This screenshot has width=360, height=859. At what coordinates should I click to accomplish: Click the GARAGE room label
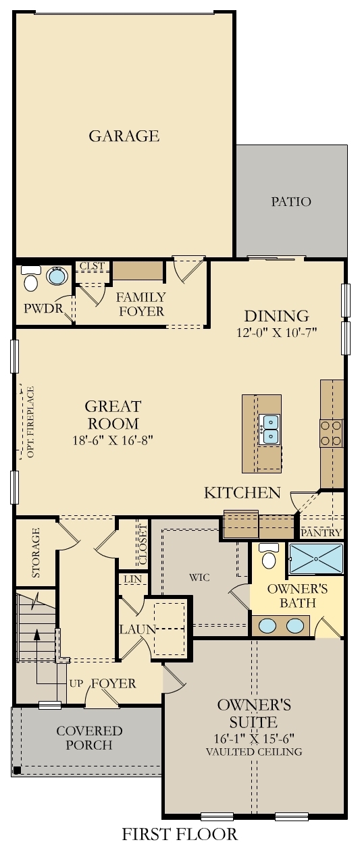coord(124,136)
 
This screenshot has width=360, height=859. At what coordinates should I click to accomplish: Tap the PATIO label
coord(291,201)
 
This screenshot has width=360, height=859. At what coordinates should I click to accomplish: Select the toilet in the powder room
coord(30,279)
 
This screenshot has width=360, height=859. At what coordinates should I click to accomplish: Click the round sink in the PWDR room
coord(57,276)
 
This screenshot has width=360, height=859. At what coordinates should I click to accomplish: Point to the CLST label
coord(92,266)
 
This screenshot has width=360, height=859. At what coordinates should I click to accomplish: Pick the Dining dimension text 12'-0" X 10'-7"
coord(276,332)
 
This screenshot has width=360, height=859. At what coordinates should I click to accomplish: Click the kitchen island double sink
coord(270,429)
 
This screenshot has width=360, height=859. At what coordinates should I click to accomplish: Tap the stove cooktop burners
coord(331,433)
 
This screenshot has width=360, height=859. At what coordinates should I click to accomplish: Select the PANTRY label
coord(321,533)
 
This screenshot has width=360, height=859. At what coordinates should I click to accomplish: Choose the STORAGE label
coord(36,552)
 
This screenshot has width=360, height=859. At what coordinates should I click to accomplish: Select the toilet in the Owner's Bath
coord(269,556)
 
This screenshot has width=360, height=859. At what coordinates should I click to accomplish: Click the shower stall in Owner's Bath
coord(315,558)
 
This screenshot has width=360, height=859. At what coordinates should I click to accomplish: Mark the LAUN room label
coord(138,629)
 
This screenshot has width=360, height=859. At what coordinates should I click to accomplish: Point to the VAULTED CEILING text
coord(255,752)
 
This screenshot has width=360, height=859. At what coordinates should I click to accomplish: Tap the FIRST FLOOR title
coord(180,834)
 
